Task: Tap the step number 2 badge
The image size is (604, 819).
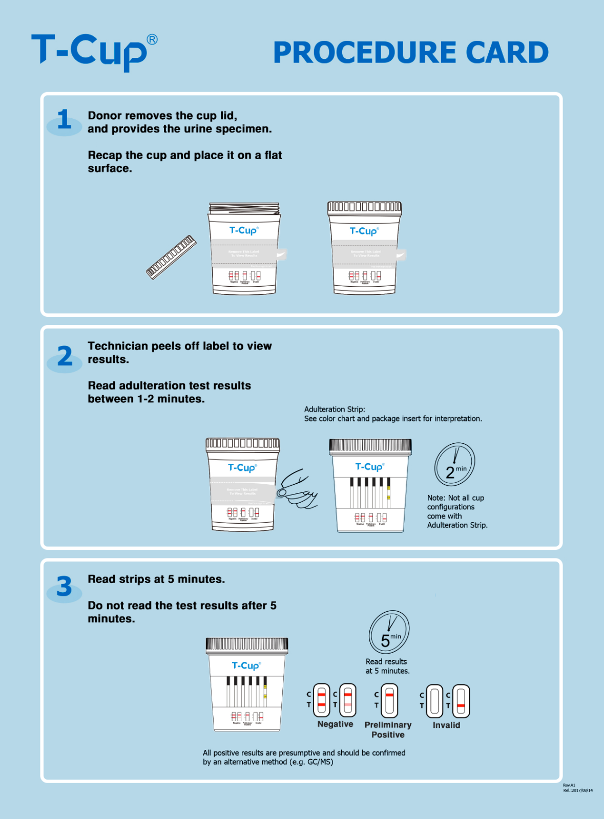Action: coord(65,357)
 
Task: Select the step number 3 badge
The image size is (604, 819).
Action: coord(64,587)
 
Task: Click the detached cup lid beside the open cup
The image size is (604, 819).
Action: coord(171,257)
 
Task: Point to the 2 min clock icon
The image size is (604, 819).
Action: coord(454,465)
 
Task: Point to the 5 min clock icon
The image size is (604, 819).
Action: coord(389,632)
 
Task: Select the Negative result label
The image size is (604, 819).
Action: coord(335,724)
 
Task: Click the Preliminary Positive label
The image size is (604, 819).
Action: coord(388,730)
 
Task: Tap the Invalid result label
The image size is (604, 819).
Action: coord(446,725)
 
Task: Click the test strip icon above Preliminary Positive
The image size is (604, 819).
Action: coord(389,700)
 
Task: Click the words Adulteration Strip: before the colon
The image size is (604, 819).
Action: coord(334,409)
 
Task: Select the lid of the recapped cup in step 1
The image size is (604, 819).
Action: coord(364,208)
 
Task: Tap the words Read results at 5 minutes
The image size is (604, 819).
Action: coord(387,666)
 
